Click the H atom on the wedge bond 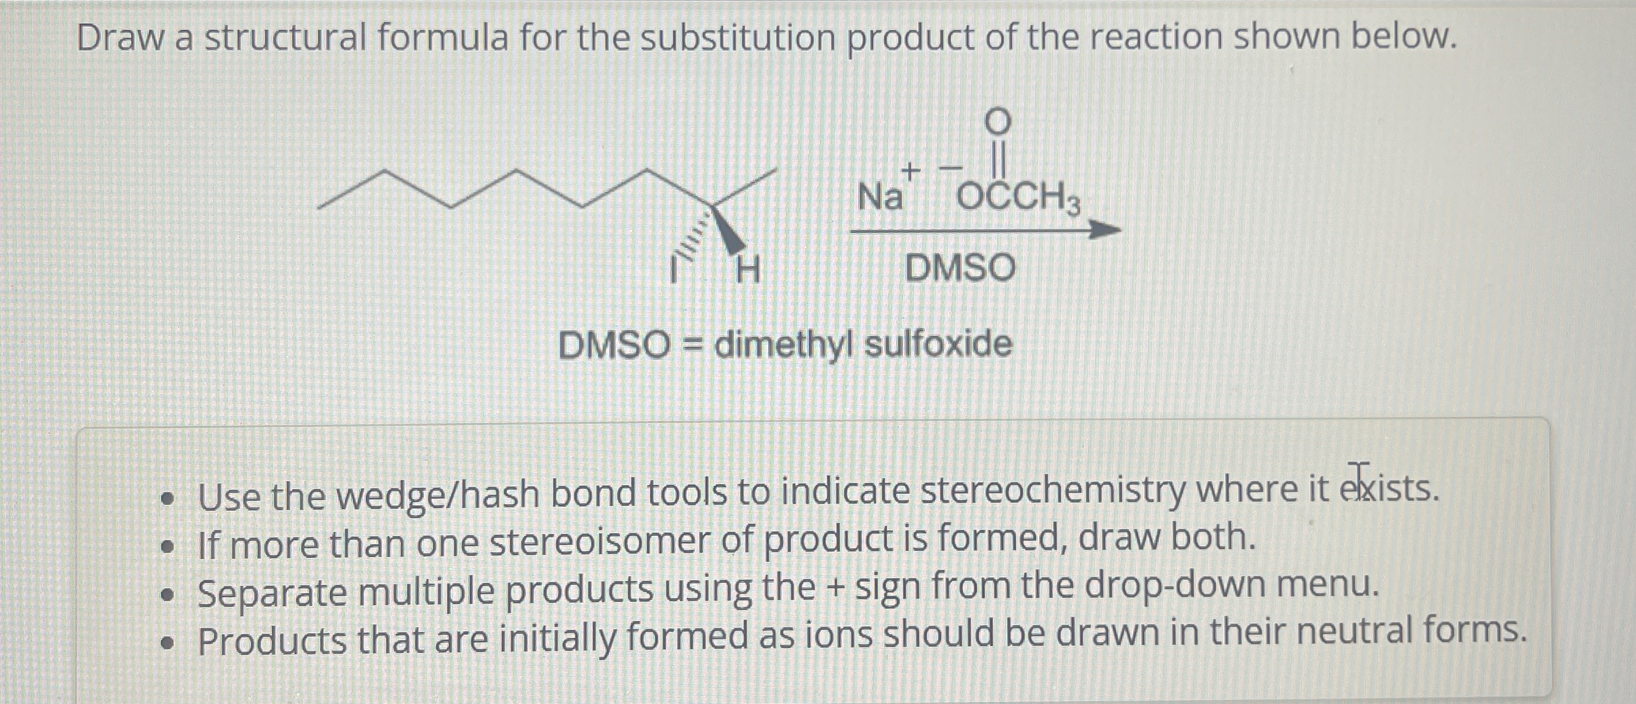tap(749, 270)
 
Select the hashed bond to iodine tap(693, 235)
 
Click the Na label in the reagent tap(880, 197)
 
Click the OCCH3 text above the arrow tap(1018, 199)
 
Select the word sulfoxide tap(938, 344)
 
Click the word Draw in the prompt tap(119, 37)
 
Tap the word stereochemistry tap(1052, 491)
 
